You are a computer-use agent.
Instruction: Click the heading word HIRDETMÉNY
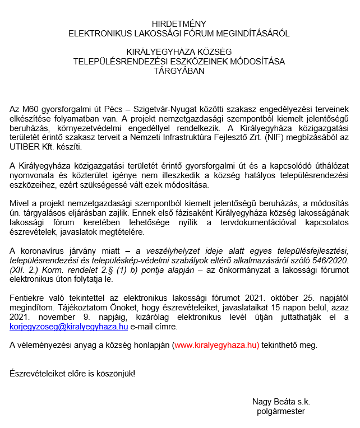[179, 24]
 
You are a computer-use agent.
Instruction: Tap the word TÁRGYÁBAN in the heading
[179, 71]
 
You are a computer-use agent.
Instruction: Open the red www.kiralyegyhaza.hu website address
[216, 345]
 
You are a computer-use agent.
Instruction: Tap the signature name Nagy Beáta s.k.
[281, 402]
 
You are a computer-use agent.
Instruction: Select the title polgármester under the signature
[281, 411]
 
